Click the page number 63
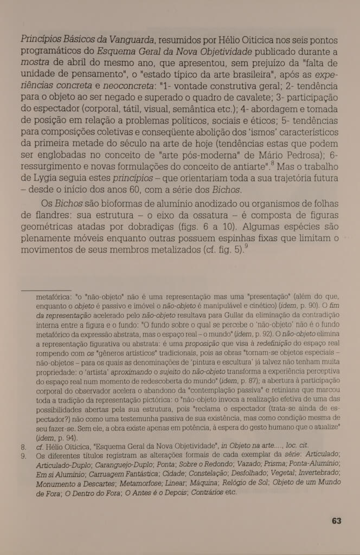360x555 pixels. tap(336, 521)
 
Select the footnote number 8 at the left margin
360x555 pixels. tap(23, 448)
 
